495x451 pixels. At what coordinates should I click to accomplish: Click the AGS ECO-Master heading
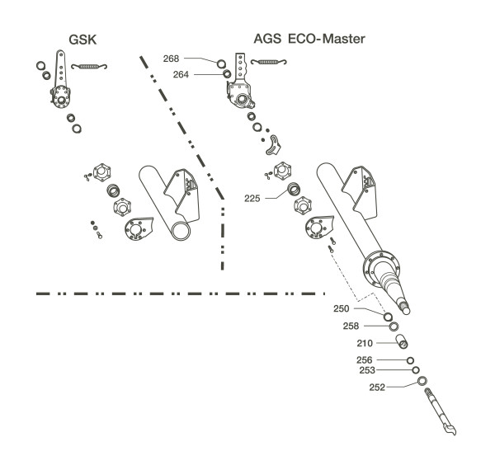point(309,39)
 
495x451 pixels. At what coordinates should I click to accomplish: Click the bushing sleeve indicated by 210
point(405,342)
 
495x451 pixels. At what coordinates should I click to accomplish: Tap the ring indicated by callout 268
point(221,63)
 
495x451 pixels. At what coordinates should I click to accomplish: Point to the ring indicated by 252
point(422,382)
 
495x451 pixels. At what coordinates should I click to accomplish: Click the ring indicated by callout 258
point(395,326)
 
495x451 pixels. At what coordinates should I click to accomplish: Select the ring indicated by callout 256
point(410,360)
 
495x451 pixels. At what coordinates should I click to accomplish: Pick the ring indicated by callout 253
point(415,371)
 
